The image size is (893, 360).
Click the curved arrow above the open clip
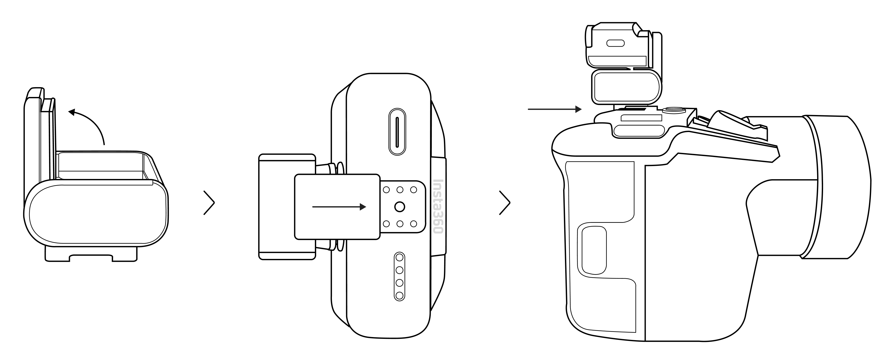(x=92, y=120)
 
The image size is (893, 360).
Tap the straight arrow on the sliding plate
(x=339, y=207)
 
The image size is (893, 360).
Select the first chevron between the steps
(x=209, y=203)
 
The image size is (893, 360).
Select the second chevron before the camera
(x=505, y=203)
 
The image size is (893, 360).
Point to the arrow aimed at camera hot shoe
(x=554, y=109)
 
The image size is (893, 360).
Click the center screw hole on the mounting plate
(x=400, y=207)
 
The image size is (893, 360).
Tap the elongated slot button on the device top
(x=397, y=132)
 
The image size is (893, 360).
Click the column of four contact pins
(x=400, y=276)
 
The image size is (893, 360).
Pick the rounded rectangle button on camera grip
(x=594, y=250)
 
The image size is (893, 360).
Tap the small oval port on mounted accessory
(x=615, y=43)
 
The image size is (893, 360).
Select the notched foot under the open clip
(x=91, y=254)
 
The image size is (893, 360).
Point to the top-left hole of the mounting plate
(x=387, y=190)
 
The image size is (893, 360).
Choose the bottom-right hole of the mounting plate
(x=413, y=224)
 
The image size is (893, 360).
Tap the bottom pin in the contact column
(x=400, y=296)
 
